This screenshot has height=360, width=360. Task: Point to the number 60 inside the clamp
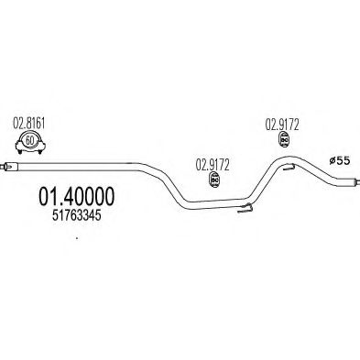click(29, 140)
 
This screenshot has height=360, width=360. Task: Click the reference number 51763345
click(70, 217)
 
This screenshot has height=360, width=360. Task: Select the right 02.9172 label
click(284, 124)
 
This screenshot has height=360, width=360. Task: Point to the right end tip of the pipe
click(355, 186)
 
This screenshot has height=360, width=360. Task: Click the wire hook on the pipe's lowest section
click(245, 211)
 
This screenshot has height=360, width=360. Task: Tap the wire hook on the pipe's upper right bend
click(286, 168)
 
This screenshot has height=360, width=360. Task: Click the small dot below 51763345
click(77, 241)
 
